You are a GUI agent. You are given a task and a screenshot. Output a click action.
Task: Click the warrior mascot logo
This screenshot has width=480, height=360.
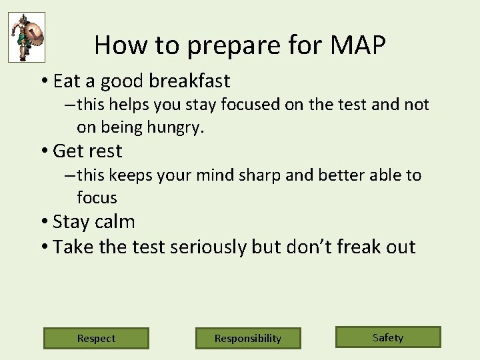click(x=27, y=37)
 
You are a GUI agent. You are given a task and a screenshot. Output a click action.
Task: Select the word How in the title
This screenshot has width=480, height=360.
click(x=117, y=45)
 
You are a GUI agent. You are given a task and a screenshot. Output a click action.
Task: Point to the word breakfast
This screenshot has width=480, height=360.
click(x=189, y=81)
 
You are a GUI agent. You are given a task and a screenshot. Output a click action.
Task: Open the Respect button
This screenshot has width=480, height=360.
click(x=96, y=338)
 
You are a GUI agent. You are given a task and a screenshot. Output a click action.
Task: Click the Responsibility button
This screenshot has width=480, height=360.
click(x=248, y=338)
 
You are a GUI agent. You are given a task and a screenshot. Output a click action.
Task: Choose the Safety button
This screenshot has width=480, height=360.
click(x=388, y=337)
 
